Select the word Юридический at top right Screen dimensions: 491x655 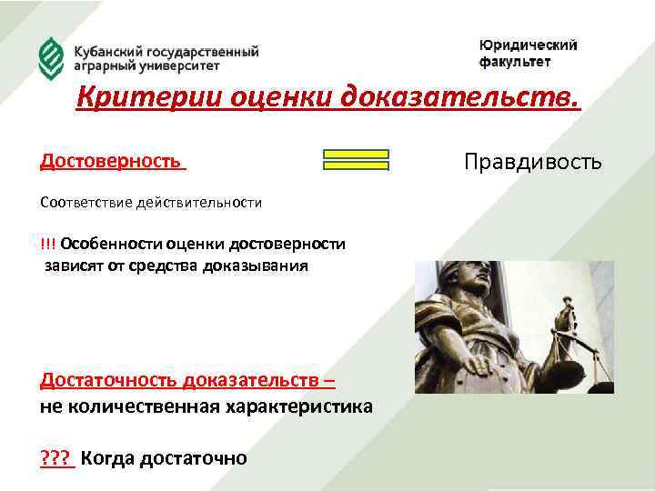[x=528, y=45]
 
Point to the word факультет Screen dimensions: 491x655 [x=515, y=62]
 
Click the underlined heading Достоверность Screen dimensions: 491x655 [x=110, y=161]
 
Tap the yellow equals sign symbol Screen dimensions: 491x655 [x=356, y=160]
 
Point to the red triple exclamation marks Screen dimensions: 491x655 [x=47, y=244]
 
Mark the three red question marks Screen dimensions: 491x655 [x=56, y=456]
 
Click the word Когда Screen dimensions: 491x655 [x=107, y=456]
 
